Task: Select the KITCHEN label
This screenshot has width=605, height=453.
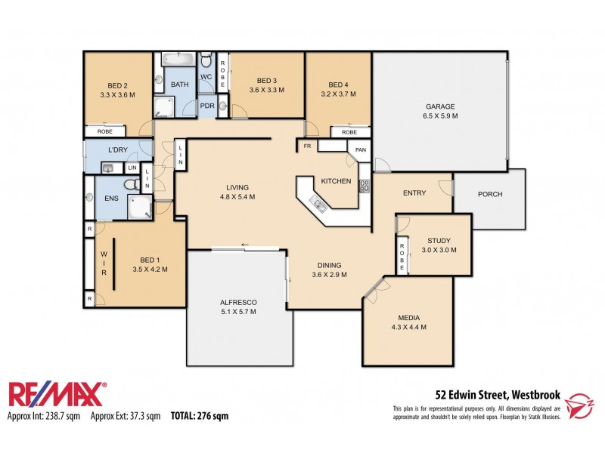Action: tap(335, 182)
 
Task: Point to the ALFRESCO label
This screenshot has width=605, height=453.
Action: tap(238, 302)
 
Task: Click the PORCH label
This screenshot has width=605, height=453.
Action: tap(489, 194)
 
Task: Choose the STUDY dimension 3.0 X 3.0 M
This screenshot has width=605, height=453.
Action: tap(439, 250)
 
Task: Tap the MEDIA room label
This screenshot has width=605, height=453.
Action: tap(408, 318)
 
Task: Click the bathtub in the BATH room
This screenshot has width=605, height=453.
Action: tap(178, 60)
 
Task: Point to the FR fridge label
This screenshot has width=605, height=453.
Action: tap(307, 145)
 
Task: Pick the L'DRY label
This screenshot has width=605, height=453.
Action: tap(117, 149)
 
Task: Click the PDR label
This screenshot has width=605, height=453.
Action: tap(207, 106)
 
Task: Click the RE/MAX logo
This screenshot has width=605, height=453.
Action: tap(57, 395)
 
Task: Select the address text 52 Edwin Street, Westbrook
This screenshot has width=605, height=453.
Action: tap(497, 393)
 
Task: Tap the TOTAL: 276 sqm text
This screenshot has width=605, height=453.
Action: tap(199, 415)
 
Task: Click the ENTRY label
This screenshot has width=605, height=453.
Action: tap(414, 193)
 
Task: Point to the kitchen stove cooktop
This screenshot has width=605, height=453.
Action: tap(364, 186)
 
